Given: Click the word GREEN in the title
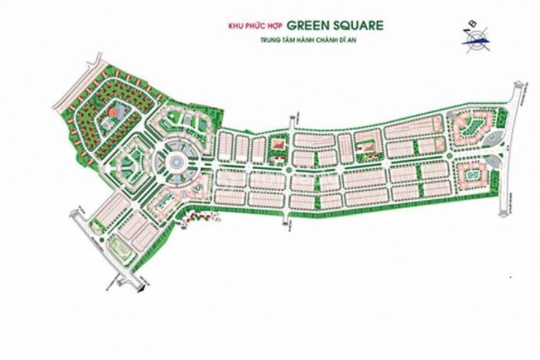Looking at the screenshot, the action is pyautogui.click(x=308, y=26).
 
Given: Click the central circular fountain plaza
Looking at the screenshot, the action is pyautogui.click(x=176, y=162).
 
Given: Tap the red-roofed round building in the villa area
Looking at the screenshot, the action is pyautogui.click(x=111, y=113).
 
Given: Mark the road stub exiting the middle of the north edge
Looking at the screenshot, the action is pyautogui.click(x=291, y=117).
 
